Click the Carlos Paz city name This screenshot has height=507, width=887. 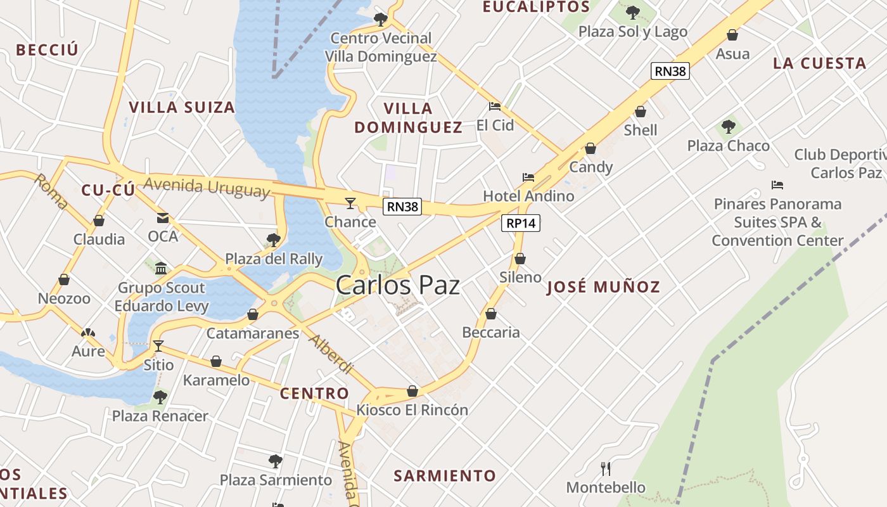click(x=398, y=285)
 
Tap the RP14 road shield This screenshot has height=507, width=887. click(x=521, y=223)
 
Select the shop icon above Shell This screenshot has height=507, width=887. click(x=641, y=112)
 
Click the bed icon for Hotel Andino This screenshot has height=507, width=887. click(x=528, y=177)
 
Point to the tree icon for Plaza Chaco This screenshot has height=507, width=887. click(x=729, y=127)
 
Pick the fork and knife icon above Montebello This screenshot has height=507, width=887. click(x=606, y=469)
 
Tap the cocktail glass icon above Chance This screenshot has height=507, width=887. click(x=350, y=203)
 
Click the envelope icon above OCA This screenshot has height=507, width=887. click(x=163, y=218)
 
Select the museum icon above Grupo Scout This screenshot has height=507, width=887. click(x=161, y=268)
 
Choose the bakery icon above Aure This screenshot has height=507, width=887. click(x=87, y=333)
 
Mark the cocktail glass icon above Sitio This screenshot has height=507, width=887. click(x=158, y=346)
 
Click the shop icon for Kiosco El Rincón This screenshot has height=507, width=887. click(x=412, y=392)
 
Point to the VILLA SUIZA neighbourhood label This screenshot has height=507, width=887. click(x=182, y=107)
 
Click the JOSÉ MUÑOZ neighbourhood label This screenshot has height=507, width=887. click(x=603, y=287)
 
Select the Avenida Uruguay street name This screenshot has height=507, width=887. click(x=207, y=188)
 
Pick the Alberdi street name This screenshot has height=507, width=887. click(x=330, y=354)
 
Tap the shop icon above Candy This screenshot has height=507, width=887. click(x=590, y=149)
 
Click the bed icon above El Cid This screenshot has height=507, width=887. click(x=495, y=106)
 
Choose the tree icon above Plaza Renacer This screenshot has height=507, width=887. click(x=160, y=397)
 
